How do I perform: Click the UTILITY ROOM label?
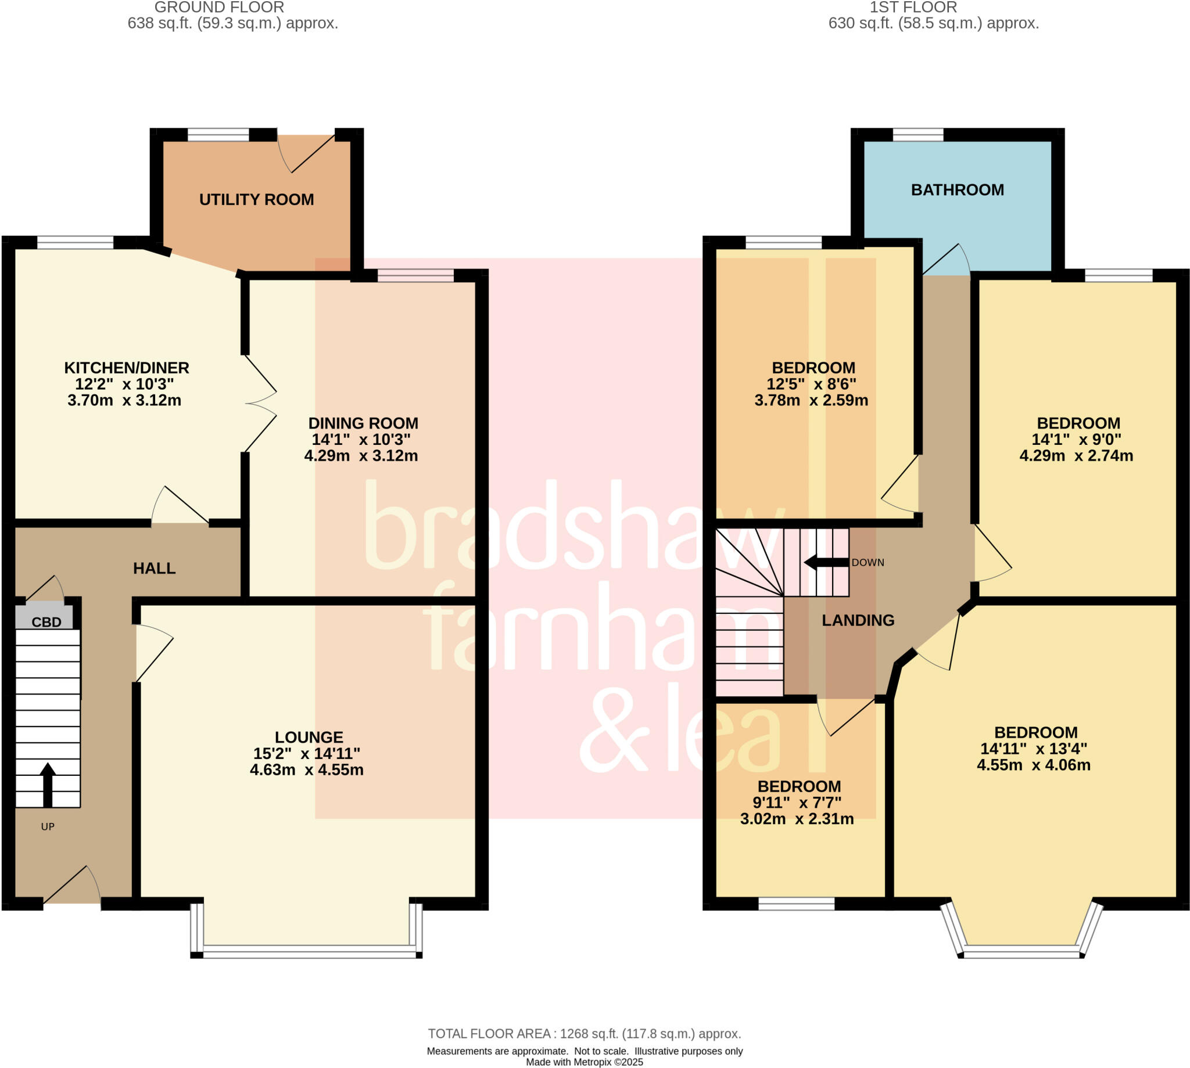tap(257, 200)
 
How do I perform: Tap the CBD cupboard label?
tap(46, 622)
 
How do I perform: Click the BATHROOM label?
tap(957, 189)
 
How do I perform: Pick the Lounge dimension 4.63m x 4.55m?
tap(306, 769)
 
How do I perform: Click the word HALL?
tap(154, 568)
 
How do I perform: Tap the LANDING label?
tap(858, 620)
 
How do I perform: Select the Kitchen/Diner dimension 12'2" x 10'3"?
tap(124, 384)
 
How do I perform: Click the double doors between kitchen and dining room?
tap(260, 404)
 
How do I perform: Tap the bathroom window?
tap(917, 134)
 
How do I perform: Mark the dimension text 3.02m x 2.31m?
tap(797, 819)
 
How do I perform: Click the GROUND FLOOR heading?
tap(219, 8)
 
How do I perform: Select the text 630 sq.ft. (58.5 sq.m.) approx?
tap(933, 23)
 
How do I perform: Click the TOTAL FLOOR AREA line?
tap(584, 1033)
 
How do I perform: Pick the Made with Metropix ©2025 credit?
tap(584, 1062)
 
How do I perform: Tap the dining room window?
tap(415, 276)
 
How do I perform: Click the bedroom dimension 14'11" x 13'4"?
tap(1033, 749)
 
